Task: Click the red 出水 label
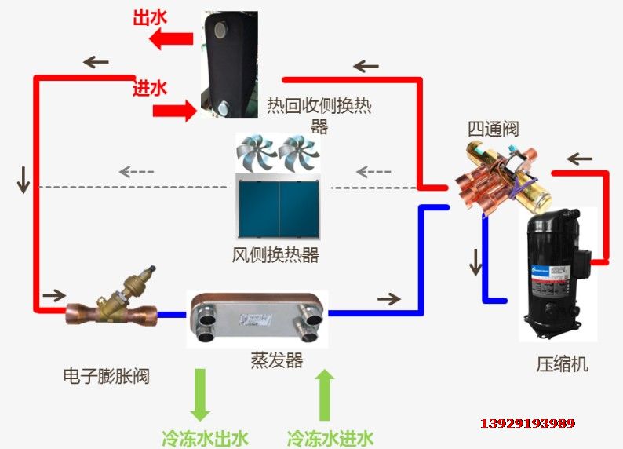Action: [x=151, y=15]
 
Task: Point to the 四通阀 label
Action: [x=494, y=128]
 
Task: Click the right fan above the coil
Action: [x=298, y=153]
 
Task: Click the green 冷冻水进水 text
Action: [x=330, y=437]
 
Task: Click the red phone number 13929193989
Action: [x=527, y=423]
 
